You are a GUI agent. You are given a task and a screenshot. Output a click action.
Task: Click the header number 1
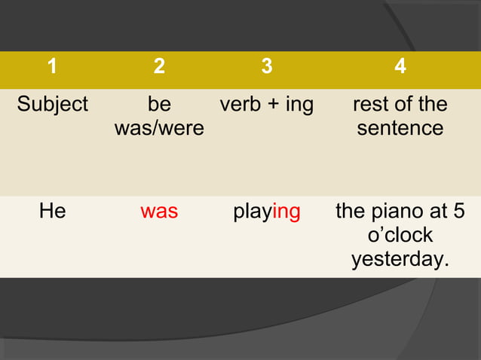click(52, 67)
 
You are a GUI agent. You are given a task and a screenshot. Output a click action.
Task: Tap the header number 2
click(159, 67)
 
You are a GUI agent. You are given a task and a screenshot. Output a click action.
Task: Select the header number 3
click(266, 67)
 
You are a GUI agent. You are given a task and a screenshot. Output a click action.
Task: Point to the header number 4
click(400, 67)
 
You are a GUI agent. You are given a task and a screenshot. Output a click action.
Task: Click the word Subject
click(53, 105)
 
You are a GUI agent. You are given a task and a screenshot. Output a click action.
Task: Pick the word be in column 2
click(159, 105)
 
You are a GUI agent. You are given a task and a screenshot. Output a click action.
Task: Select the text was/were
click(159, 128)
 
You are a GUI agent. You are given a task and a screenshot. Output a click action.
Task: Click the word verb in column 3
click(240, 105)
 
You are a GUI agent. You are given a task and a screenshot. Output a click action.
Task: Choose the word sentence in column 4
click(400, 128)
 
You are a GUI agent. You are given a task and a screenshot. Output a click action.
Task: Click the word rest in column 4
click(369, 105)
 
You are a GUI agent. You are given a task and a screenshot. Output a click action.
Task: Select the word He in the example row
click(52, 212)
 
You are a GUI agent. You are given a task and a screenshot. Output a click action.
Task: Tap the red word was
click(159, 212)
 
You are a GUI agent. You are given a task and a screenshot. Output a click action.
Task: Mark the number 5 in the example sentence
click(458, 212)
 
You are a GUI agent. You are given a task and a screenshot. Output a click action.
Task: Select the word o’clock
click(400, 236)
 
